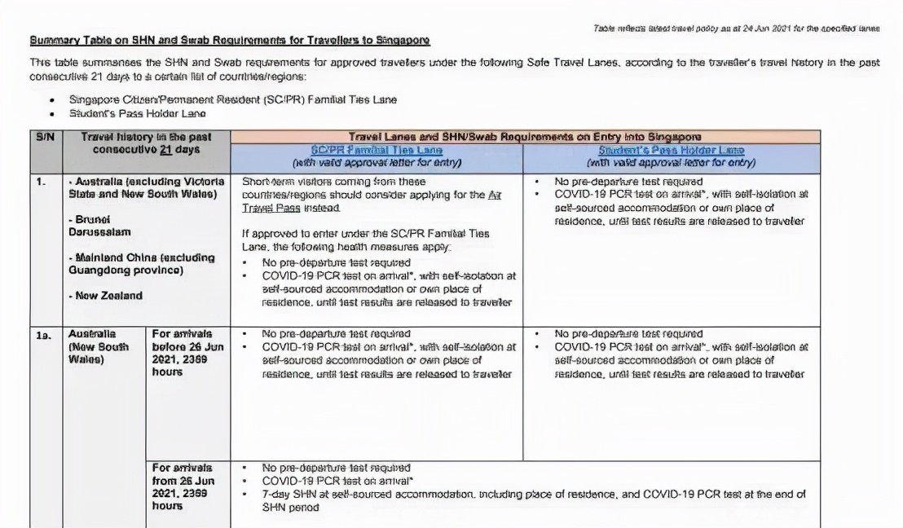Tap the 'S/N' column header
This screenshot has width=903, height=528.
(x=46, y=138)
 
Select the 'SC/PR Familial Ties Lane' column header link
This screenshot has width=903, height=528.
(x=376, y=150)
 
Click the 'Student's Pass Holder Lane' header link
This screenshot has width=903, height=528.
(x=672, y=150)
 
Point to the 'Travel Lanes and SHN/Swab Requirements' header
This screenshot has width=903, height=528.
(x=526, y=137)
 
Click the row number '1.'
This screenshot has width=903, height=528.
(x=41, y=182)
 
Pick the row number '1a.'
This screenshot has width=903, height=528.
(x=42, y=334)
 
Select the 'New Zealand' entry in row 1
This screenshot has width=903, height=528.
(x=105, y=296)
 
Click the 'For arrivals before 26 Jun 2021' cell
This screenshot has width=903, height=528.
(x=182, y=353)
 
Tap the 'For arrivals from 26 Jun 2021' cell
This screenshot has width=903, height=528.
(x=183, y=486)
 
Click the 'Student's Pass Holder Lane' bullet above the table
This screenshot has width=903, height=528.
(x=138, y=114)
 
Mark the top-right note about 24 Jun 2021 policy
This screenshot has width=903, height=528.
(x=736, y=29)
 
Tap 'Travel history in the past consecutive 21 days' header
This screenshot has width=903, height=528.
(x=146, y=144)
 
